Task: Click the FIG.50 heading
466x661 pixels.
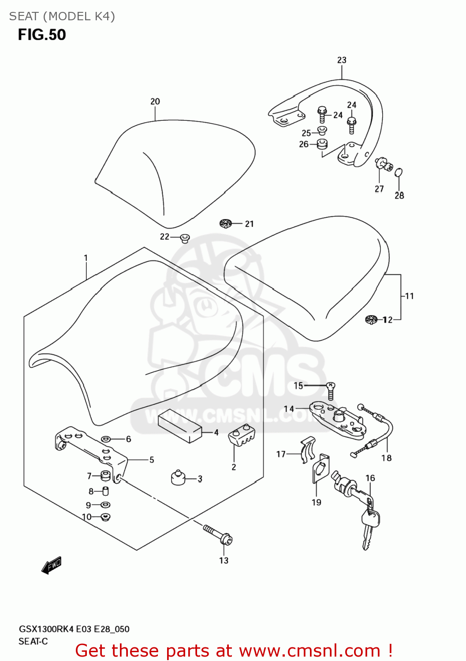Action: pos(42,35)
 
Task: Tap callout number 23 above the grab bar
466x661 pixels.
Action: pos(342,60)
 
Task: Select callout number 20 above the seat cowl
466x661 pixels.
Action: pos(155,101)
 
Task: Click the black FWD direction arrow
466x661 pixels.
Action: pos(52,565)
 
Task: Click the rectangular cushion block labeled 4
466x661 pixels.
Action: pos(179,425)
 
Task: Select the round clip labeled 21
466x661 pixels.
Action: pos(226,223)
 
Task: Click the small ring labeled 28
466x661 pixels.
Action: pos(399,172)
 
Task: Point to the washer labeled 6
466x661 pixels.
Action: pos(106,439)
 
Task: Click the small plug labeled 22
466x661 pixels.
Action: pos(185,238)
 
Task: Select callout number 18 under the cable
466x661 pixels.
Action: pos(387,458)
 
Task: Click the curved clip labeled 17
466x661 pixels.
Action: pos(308,449)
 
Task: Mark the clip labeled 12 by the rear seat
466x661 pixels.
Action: pos(372,319)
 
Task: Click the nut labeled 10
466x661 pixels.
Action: pos(105,516)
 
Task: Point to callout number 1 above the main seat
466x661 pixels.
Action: pos(86,258)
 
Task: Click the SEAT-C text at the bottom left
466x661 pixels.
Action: pos(33,641)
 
